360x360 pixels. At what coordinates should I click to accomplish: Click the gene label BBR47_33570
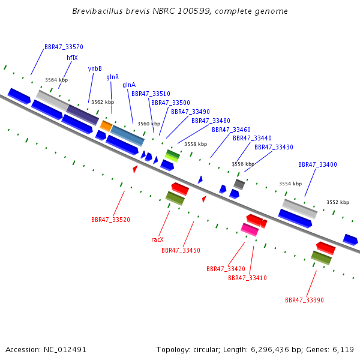click(64, 47)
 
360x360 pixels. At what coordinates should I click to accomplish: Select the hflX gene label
click(72, 58)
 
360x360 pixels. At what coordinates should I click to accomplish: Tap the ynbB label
click(95, 68)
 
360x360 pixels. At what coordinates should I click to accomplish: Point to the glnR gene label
click(112, 77)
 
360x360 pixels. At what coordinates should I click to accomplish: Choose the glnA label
click(129, 85)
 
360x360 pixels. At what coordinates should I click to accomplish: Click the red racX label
click(157, 239)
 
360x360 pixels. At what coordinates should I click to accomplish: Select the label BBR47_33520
click(110, 220)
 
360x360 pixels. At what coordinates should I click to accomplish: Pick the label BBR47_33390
click(304, 300)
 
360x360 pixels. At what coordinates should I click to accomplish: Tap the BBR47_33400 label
click(317, 164)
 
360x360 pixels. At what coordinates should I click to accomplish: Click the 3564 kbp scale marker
click(56, 80)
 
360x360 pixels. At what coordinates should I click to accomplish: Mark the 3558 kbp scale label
click(196, 144)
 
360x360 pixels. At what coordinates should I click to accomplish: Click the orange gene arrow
click(106, 125)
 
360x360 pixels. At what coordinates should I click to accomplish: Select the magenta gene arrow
click(250, 229)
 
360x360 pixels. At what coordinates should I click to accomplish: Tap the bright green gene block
click(172, 155)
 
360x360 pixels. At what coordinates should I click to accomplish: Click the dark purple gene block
click(82, 114)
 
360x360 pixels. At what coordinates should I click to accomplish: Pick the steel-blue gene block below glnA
click(127, 136)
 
